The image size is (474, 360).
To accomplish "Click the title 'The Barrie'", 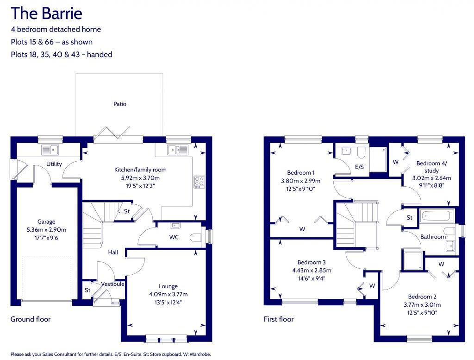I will (46, 13).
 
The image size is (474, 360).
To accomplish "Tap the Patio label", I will (120, 104).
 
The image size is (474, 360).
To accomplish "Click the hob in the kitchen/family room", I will (200, 181).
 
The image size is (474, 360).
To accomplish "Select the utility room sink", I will (49, 150).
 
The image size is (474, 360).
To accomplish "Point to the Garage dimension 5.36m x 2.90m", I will (46, 229).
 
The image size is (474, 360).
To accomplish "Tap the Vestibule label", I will (112, 284).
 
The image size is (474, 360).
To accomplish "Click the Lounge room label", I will (168, 286).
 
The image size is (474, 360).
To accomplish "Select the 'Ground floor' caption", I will (31, 319).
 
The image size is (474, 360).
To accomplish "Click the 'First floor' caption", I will (279, 319).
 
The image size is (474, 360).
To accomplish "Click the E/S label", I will (359, 166).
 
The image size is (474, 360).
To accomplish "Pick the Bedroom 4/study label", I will (431, 167).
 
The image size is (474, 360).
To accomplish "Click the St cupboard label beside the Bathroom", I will (409, 217).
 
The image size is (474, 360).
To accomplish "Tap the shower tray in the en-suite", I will (379, 156).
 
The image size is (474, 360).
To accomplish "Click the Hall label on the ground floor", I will (113, 253).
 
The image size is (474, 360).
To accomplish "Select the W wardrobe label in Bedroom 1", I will (302, 229).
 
